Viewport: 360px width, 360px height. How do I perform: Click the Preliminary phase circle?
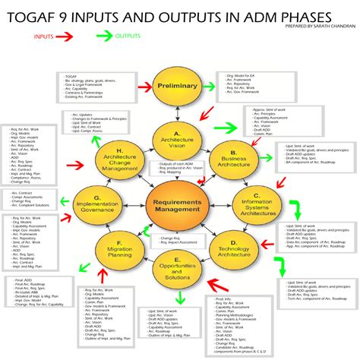[177, 87]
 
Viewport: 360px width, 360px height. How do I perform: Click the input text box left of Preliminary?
[96, 88]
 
